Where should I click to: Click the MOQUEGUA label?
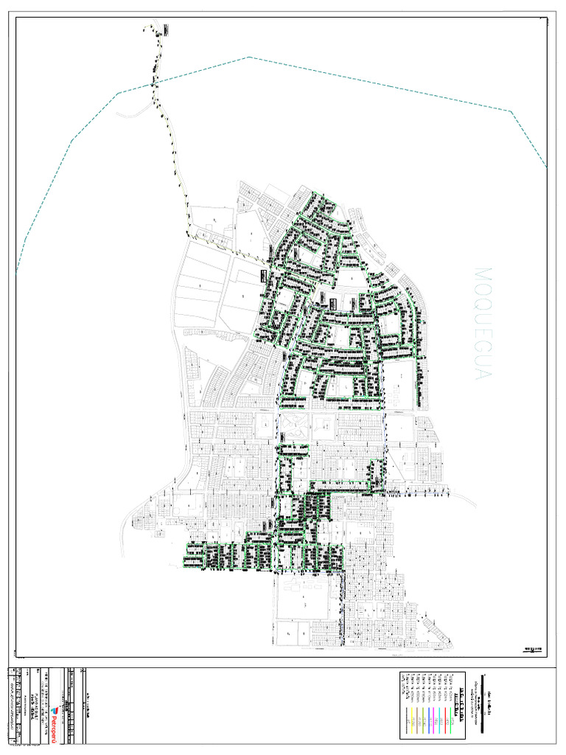coord(483,324)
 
